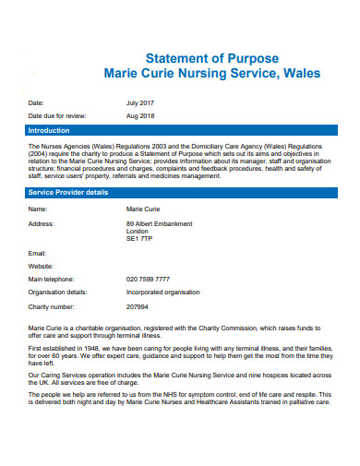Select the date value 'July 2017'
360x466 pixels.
point(140,102)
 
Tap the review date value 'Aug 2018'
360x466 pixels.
point(140,116)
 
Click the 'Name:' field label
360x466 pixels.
point(38,209)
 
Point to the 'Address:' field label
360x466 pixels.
point(42,223)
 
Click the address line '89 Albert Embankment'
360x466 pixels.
point(159,223)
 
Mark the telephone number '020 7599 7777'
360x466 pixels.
point(148,279)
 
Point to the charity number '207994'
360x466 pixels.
point(137,305)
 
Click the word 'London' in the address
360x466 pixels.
point(138,231)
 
